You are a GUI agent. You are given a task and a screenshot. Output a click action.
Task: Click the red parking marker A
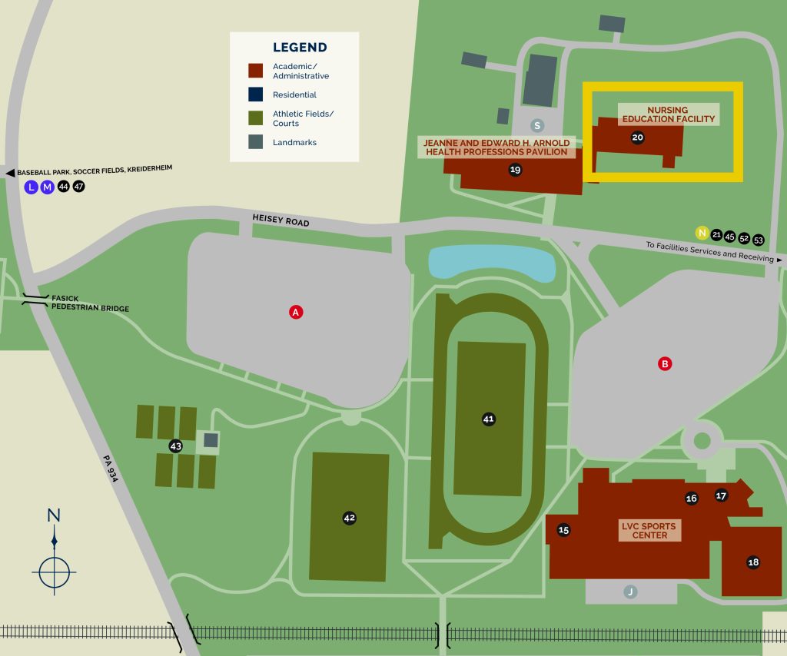pos(295,312)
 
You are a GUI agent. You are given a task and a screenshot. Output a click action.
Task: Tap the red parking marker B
pos(666,364)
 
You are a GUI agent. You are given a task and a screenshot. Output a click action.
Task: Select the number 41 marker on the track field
pos(488,419)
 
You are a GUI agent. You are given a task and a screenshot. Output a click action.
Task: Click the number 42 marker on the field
pos(349,518)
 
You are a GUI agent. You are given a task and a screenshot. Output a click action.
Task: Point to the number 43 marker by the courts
pos(175,446)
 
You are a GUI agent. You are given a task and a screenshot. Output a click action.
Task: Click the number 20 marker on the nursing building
pos(637,138)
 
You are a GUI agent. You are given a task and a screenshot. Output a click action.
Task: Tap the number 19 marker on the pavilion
pos(515,170)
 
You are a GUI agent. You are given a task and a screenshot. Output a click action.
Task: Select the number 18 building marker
pos(753,562)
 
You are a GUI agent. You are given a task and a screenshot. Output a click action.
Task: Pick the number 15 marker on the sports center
pos(563,530)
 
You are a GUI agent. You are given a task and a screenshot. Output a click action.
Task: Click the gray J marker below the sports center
pos(630,591)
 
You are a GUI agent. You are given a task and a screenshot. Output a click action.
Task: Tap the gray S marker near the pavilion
pos(537,125)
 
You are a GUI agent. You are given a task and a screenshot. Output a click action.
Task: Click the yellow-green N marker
pos(701,233)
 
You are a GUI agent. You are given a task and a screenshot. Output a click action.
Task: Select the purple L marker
pos(31,187)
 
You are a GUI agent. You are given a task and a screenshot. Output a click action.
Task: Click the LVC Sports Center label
pos(649,531)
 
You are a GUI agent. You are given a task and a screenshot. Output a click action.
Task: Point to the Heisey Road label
pos(281,220)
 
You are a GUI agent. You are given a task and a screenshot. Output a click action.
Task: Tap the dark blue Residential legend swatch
pos(257,94)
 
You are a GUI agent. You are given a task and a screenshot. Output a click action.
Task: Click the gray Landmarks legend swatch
pos(257,142)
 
